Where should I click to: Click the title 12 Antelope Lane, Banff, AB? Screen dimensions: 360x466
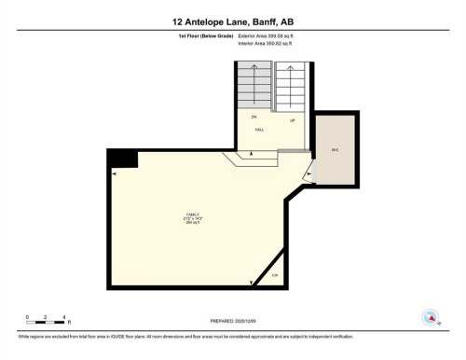click(232, 20)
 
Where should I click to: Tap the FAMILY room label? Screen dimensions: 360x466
click(193, 215)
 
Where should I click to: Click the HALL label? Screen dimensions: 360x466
click(259, 130)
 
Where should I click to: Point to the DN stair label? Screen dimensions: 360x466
click(253, 117)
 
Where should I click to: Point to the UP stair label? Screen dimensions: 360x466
click(293, 121)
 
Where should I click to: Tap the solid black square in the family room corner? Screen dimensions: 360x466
click(123, 159)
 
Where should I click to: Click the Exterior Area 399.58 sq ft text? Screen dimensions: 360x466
click(270, 35)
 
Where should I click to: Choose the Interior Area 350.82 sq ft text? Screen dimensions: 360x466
click(269, 41)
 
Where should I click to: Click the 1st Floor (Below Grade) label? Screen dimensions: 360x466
click(206, 35)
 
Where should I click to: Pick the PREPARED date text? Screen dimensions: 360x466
click(232, 322)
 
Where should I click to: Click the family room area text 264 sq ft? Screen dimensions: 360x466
click(193, 224)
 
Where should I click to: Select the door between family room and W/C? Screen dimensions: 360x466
click(311, 171)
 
